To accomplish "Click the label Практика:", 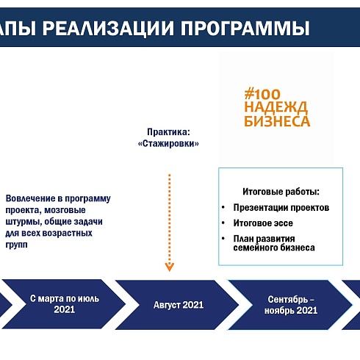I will pyautogui.click(x=168, y=132).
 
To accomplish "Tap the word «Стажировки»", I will pyautogui.click(x=168, y=144).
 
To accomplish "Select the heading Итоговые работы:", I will pyautogui.click(x=281, y=191).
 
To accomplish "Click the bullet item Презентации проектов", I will pyautogui.click(x=281, y=208).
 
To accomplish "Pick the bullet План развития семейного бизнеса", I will pyautogui.click(x=274, y=243).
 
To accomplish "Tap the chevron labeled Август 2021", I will pyautogui.click(x=178, y=304).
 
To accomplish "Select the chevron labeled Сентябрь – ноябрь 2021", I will pyautogui.click(x=291, y=304).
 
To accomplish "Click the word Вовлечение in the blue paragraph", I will pyautogui.click(x=30, y=198).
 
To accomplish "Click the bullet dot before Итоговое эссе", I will pyautogui.click(x=223, y=223).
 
